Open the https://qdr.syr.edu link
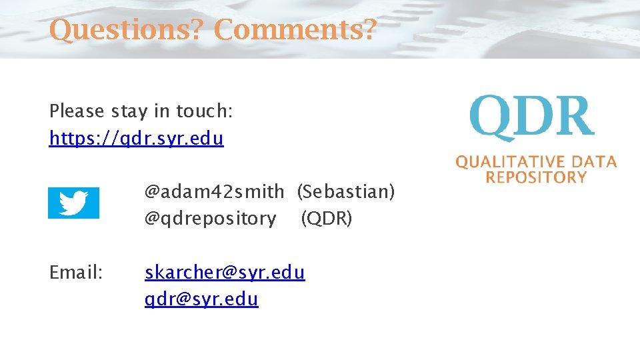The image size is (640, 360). (x=137, y=139)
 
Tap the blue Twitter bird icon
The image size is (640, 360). (x=73, y=203)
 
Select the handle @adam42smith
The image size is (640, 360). (x=214, y=192)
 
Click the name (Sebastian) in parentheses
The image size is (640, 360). (x=346, y=192)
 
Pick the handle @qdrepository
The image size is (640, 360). (x=211, y=218)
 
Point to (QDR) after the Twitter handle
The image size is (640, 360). (x=326, y=218)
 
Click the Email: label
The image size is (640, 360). (x=76, y=272)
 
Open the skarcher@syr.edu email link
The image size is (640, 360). (x=225, y=272)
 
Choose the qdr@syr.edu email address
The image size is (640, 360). (x=201, y=299)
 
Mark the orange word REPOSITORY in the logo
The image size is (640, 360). (x=536, y=177)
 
